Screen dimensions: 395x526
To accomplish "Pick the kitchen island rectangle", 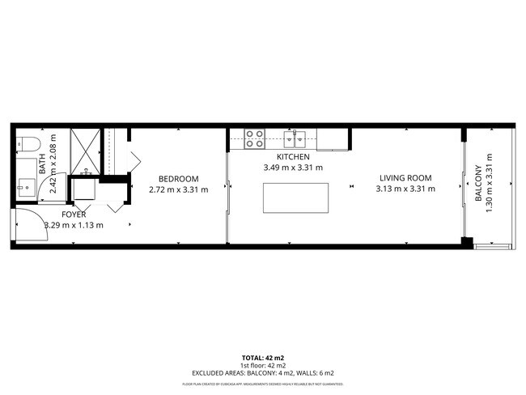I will tap(295, 197).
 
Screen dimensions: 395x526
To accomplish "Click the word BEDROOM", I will tap(178, 179).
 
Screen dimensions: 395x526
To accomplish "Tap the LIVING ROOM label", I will tap(405, 178).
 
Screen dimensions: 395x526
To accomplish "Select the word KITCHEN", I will tap(293, 156).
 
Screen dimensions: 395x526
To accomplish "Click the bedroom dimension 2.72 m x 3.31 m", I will tap(178, 190).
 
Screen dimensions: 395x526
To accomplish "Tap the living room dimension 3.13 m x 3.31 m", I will tap(405, 189).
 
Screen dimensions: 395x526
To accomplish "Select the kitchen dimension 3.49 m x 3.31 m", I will tap(293, 168).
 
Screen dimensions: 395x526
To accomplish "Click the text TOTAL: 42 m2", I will tap(263, 356).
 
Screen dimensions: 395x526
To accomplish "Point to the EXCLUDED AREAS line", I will tap(263, 372).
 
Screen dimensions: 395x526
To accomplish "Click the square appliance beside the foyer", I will tap(84, 191).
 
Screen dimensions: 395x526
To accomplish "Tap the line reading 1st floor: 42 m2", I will tap(263, 364).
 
